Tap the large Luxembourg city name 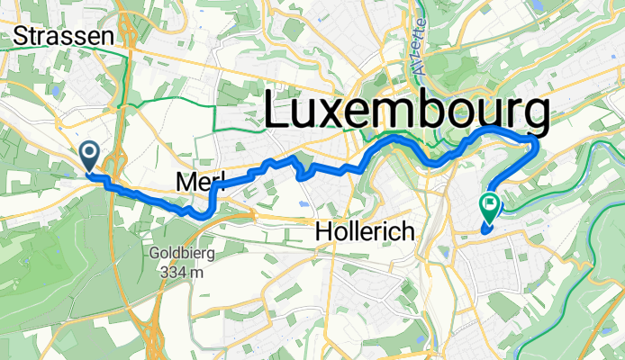click(x=406, y=113)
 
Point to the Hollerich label click(x=365, y=232)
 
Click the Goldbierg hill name click(x=181, y=254)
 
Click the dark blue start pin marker click(x=90, y=155)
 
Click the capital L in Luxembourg click(x=278, y=113)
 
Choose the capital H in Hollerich click(x=323, y=232)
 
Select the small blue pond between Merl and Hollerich click(x=299, y=204)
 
